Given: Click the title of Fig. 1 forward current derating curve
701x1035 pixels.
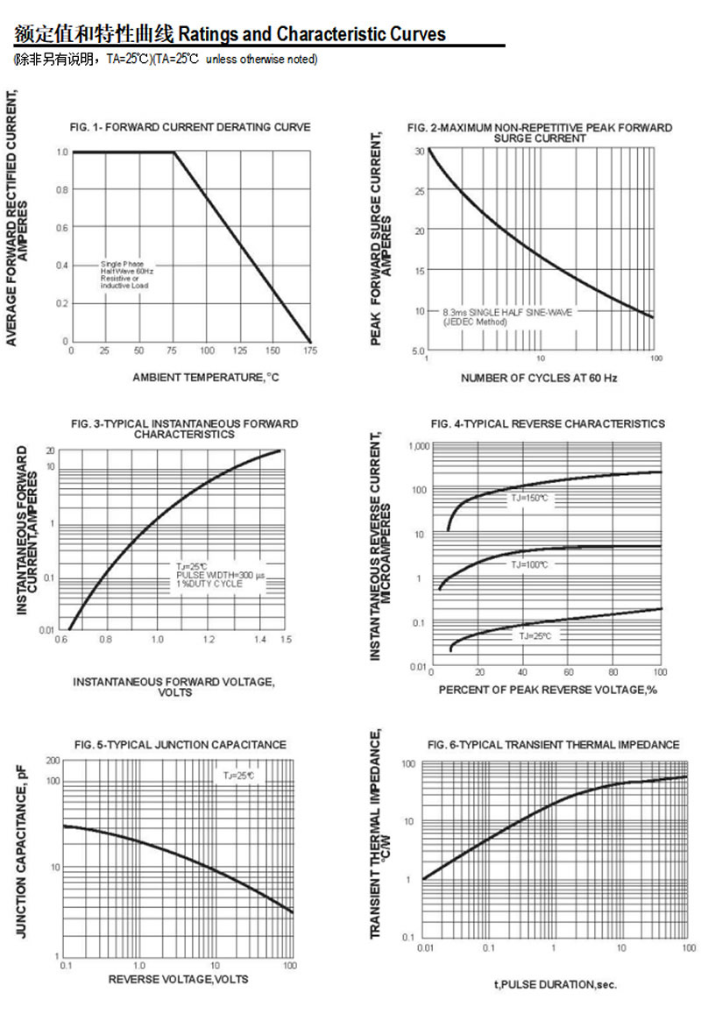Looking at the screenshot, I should (190, 127).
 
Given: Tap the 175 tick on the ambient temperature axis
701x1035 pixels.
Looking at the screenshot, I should (310, 351).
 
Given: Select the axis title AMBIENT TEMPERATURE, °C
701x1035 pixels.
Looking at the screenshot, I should (205, 377).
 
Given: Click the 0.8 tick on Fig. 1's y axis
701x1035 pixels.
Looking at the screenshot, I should (62, 190).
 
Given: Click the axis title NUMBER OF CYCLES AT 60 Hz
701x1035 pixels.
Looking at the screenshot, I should (539, 378).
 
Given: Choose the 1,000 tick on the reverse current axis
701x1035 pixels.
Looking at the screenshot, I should (417, 446).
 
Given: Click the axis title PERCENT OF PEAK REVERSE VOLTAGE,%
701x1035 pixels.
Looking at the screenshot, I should (548, 690).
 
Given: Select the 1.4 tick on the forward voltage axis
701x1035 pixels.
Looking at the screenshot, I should (260, 641).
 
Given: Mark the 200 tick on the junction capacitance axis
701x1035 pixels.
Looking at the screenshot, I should (53, 760).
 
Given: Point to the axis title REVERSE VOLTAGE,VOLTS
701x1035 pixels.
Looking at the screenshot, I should (178, 979).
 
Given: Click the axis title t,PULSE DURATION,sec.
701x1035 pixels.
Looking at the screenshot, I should (555, 984).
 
